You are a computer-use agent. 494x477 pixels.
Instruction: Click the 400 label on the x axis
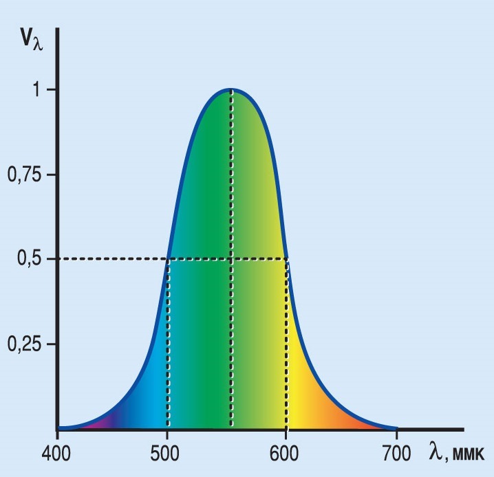click(x=58, y=455)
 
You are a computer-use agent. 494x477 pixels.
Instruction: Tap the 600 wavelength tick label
click(x=286, y=455)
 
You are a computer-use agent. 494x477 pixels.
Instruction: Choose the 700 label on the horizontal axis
click(x=397, y=455)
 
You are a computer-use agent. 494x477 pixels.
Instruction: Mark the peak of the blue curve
click(x=231, y=89)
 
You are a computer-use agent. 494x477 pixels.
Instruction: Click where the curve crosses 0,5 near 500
click(x=168, y=259)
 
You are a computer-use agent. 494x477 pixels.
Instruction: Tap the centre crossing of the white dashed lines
click(x=231, y=259)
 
